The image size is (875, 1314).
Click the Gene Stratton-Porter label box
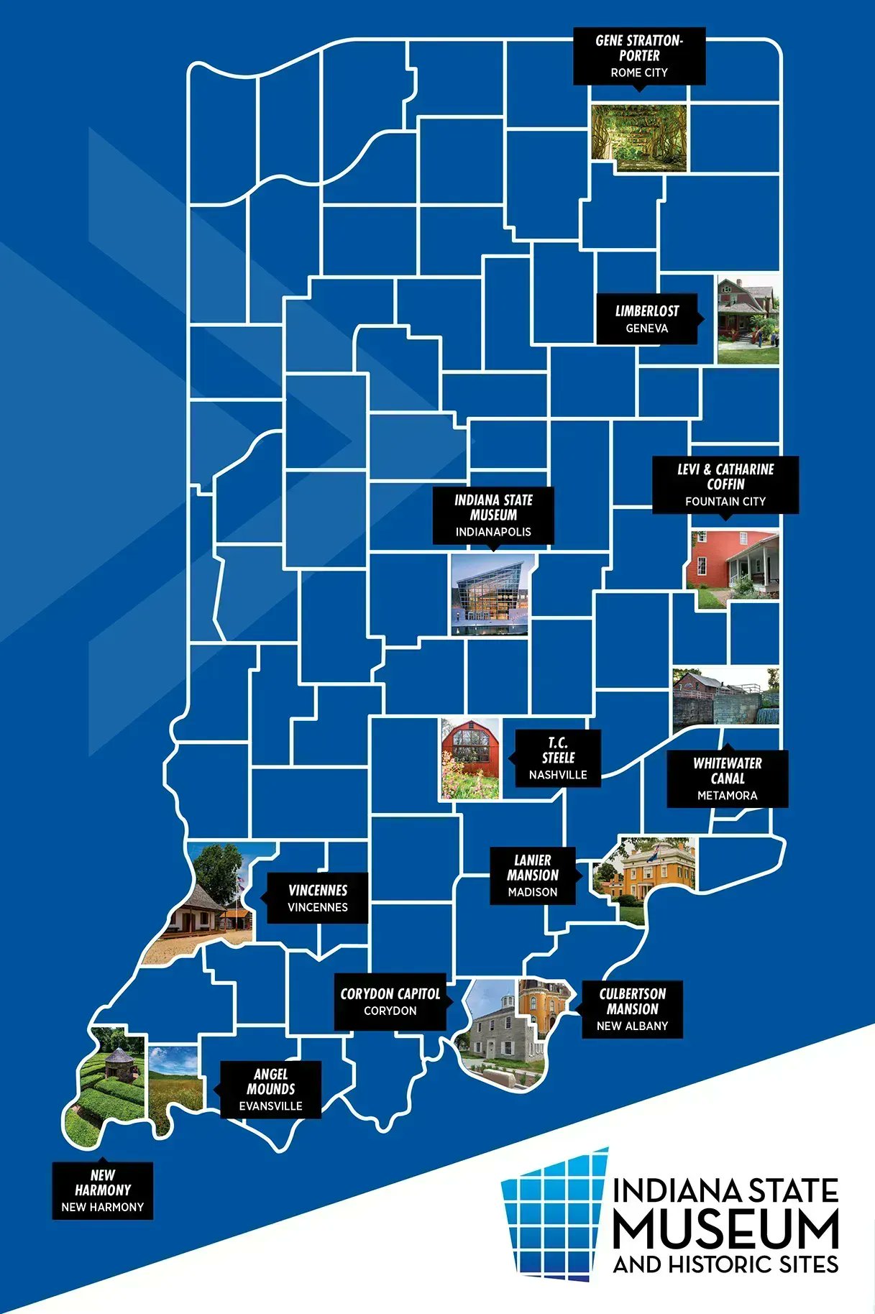coord(639,56)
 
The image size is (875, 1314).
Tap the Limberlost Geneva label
coord(646,319)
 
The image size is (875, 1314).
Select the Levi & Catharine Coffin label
coord(725,484)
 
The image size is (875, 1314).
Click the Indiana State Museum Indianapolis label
coord(493,515)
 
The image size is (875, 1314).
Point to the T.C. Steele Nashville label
coord(558,758)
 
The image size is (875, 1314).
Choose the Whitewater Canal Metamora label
coord(728,778)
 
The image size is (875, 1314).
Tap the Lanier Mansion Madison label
coord(533,876)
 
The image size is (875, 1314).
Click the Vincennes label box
coord(318,898)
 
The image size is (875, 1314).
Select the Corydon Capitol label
coord(390,1001)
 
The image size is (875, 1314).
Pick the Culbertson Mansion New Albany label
coord(632,1009)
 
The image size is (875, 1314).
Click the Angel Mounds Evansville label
coord(270,1090)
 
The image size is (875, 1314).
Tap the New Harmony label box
coord(103,1190)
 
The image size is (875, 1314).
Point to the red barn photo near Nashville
coord(470,758)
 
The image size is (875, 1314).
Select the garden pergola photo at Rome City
coord(638,137)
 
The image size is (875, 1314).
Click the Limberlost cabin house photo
coord(748,318)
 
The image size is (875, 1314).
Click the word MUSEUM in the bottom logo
coord(725,1229)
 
